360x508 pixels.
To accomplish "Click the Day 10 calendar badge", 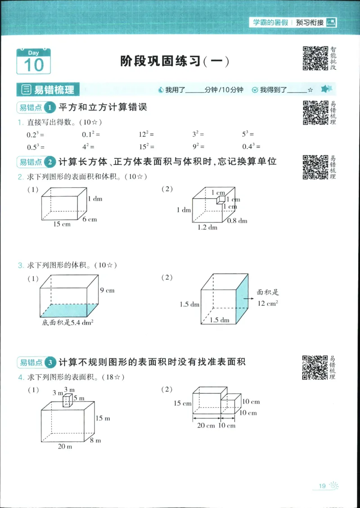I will point(34,61).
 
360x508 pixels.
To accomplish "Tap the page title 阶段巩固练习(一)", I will point(175,61).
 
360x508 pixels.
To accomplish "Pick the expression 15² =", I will point(146,146).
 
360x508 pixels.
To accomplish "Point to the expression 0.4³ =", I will point(252,146).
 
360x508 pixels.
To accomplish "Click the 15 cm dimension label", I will point(62,224).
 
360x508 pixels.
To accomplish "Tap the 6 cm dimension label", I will point(90,219).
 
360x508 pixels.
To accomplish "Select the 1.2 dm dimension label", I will point(207,227).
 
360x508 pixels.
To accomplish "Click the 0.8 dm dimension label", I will point(237,221).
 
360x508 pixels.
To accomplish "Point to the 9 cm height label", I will point(107,290).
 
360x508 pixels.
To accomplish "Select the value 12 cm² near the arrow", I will point(267,304).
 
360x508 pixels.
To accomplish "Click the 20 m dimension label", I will point(65,446).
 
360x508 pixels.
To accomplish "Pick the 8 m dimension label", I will point(95,440).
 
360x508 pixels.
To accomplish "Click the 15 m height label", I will point(103,418).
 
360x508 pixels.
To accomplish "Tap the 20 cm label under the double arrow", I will point(206,426).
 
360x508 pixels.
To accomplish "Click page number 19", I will point(322,485).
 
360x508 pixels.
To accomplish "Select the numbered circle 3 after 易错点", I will point(50,362).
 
